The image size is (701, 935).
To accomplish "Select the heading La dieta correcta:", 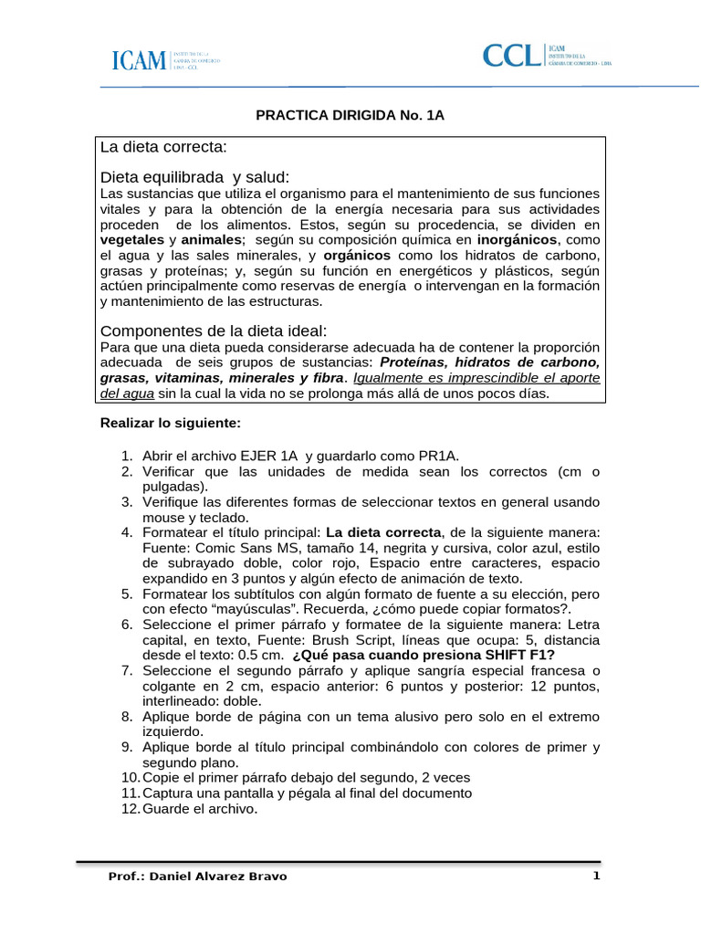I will pos(164,147).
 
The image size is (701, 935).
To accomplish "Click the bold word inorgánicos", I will pos(518,239).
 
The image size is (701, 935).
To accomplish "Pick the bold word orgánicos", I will pos(356,255).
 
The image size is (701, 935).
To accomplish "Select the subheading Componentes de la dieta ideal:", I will pos(213,330).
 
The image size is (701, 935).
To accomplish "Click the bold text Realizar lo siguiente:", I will pos(170,424).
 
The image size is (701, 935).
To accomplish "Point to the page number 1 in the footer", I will pos(596,876).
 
